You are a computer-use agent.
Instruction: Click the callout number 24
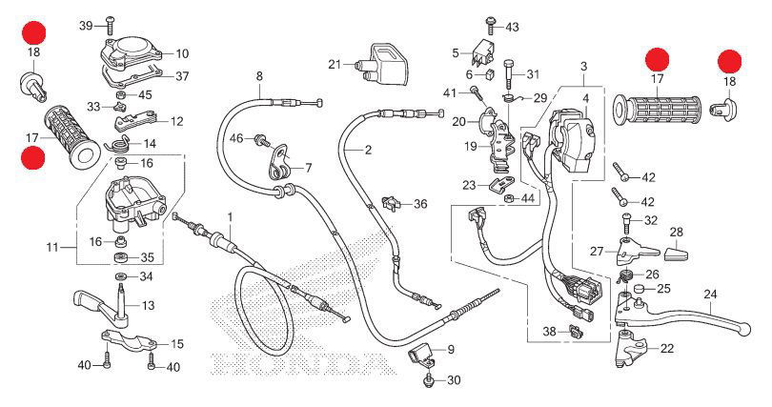click(x=708, y=293)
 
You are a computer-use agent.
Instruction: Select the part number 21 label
click(x=334, y=65)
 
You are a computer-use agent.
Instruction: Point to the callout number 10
click(x=182, y=53)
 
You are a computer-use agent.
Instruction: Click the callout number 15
click(x=177, y=343)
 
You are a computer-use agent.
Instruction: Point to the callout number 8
click(x=258, y=75)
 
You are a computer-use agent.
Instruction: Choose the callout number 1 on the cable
click(x=230, y=217)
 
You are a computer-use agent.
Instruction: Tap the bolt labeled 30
click(x=429, y=380)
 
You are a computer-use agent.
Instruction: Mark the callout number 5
click(x=456, y=52)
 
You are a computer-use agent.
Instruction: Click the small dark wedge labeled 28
click(x=676, y=254)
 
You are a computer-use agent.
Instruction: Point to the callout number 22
click(x=666, y=349)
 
